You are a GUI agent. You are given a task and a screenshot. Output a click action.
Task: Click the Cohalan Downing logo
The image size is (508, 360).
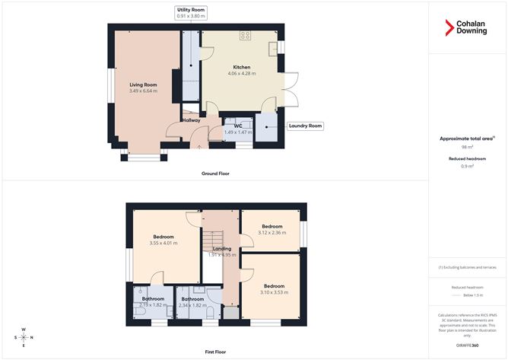pyautogui.click(x=467, y=29)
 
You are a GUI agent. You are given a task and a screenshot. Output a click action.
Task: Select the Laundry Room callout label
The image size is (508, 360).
pyautogui.click(x=304, y=126)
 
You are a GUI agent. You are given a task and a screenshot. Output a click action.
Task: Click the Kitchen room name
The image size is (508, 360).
pyautogui.click(x=242, y=67)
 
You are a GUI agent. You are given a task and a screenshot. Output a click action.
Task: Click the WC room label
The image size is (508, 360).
pyautogui.click(x=238, y=125)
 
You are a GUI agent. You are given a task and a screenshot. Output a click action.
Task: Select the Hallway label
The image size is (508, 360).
pyautogui.click(x=191, y=120)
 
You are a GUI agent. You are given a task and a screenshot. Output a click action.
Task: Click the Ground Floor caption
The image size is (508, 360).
pyautogui.click(x=215, y=174)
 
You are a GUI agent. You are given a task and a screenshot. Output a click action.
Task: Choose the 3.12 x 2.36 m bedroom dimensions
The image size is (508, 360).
pyautogui.click(x=272, y=233)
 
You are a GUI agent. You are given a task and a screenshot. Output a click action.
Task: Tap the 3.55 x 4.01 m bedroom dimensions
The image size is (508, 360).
pyautogui.click(x=163, y=244)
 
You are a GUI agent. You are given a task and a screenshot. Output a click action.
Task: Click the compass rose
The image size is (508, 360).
pyautogui.click(x=24, y=336)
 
